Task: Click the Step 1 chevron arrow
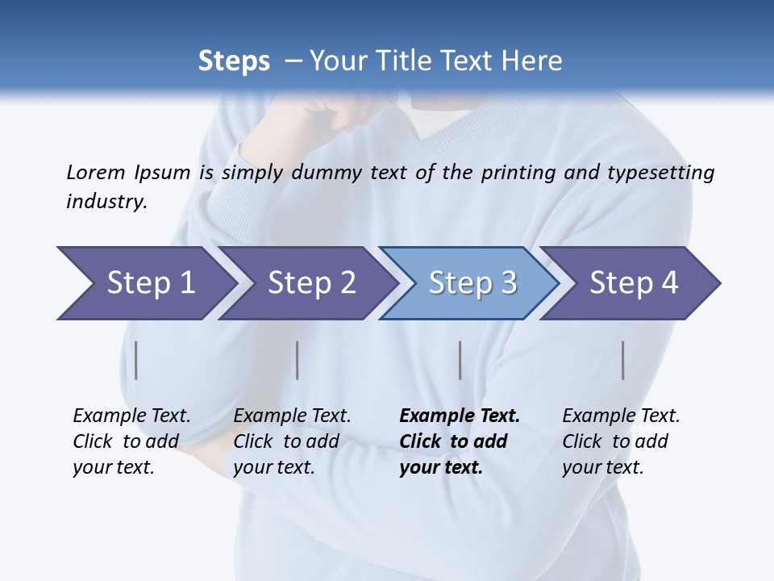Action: tap(151, 283)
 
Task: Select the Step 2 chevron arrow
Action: tap(311, 283)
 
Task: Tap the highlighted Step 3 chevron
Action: tap(472, 283)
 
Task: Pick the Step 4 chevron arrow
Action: tap(634, 283)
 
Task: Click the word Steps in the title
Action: tap(234, 61)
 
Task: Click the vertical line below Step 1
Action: tap(136, 360)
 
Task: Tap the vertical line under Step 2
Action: tap(298, 360)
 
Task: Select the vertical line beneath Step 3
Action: tap(460, 360)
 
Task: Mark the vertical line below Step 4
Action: tap(622, 360)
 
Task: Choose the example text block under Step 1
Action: tap(131, 441)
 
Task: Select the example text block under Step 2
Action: tap(292, 441)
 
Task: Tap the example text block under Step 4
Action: tap(621, 441)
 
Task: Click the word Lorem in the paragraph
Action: tap(95, 172)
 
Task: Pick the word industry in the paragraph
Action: tap(106, 201)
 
